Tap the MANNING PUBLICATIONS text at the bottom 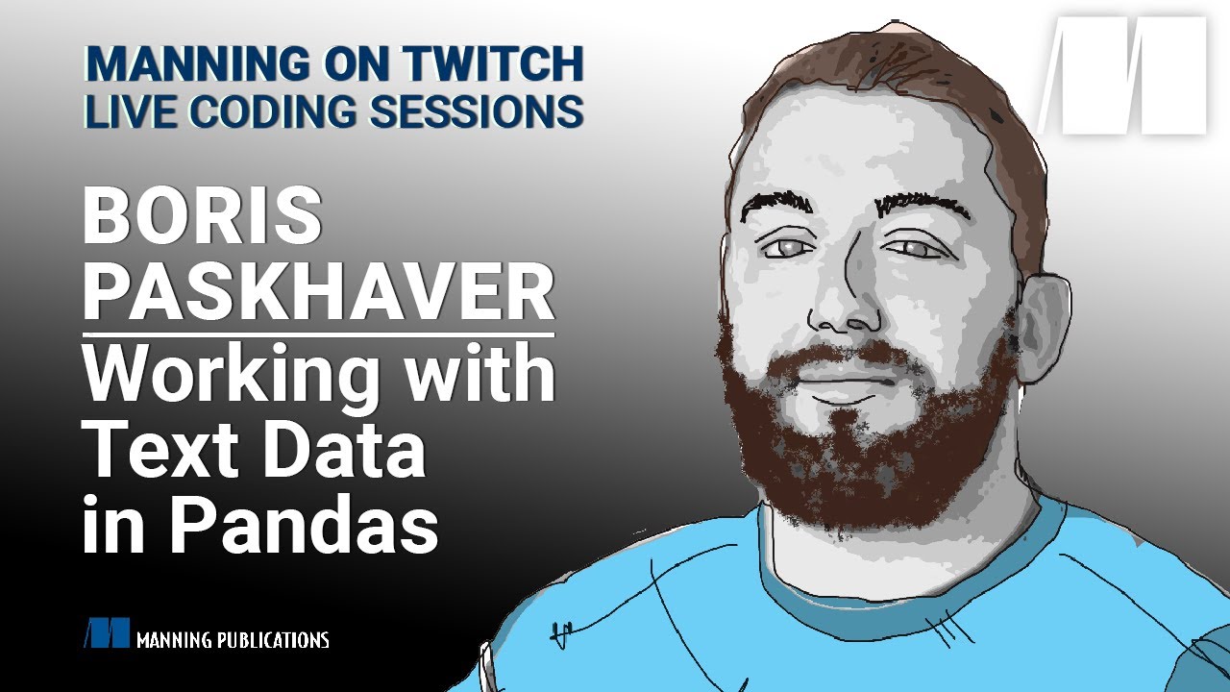coord(233,639)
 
